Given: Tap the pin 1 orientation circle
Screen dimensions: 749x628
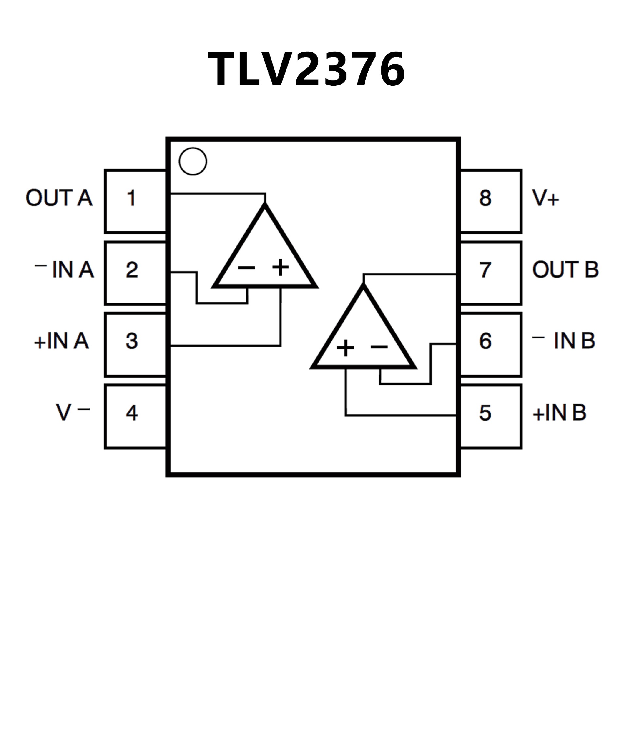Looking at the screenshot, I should click(x=193, y=161).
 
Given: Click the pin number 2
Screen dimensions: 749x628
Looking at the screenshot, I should click(x=132, y=270).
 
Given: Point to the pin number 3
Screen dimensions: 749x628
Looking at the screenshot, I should click(x=132, y=341).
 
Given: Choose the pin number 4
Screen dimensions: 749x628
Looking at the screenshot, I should click(x=132, y=413).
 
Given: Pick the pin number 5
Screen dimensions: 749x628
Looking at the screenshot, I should click(x=485, y=413).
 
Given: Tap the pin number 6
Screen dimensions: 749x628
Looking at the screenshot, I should click(x=485, y=341).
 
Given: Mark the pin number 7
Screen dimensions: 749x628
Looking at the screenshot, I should click(x=485, y=270).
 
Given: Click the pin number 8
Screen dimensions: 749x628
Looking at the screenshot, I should click(x=485, y=198).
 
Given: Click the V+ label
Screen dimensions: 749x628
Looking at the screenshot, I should click(x=546, y=198).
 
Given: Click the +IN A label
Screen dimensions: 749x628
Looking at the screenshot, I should click(x=61, y=341).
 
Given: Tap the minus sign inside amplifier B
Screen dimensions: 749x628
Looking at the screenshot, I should click(x=379, y=346).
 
